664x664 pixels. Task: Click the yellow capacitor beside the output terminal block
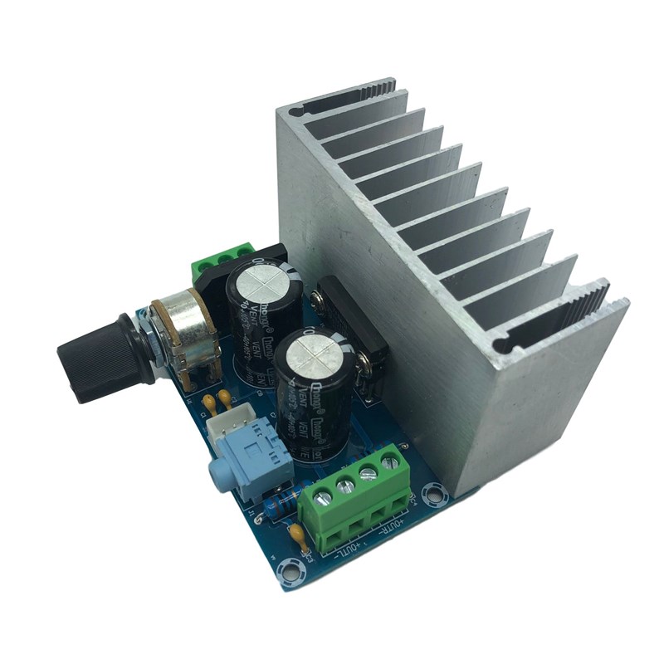pos(296,534)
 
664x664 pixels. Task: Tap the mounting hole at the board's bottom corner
pos(290,570)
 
